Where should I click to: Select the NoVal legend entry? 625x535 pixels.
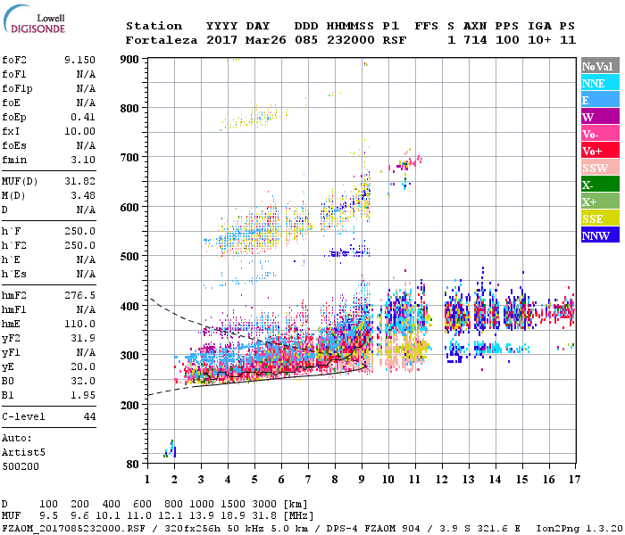tap(600, 66)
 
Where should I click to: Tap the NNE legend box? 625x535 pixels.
tap(600, 83)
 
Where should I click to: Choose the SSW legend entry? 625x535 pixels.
tap(600, 168)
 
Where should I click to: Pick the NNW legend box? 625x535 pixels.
tap(600, 235)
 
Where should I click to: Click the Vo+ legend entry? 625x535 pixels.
tap(600, 151)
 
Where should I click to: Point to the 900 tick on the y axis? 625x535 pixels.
tap(129, 59)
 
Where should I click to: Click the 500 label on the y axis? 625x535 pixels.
tap(129, 257)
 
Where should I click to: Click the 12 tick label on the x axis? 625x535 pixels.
tap(442, 479)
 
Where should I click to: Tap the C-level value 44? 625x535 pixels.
tap(89, 416)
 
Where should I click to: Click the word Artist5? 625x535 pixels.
tap(23, 452)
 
